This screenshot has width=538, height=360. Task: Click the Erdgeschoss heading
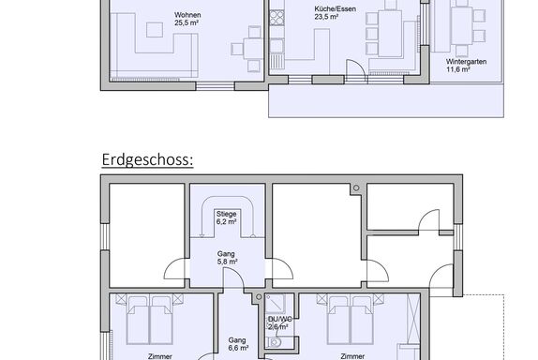tap(147, 160)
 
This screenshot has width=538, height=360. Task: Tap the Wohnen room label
tap(187, 15)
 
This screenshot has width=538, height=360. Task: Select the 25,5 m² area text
tap(187, 23)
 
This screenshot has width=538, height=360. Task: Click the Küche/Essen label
tap(335, 9)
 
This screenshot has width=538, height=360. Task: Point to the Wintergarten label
tap(466, 62)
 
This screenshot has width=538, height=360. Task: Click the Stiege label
tap(226, 214)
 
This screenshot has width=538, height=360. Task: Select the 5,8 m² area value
tap(227, 262)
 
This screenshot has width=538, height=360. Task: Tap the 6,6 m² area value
tap(238, 348)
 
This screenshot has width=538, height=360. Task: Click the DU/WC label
tap(279, 319)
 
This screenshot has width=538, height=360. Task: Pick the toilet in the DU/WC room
tap(275, 342)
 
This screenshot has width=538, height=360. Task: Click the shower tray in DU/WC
tap(275, 304)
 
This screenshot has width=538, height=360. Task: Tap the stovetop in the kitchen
tap(276, 18)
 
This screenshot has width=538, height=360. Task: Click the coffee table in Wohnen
tap(155, 29)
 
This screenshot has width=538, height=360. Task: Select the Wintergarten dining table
tap(462, 25)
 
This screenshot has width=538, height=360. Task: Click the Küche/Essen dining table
tap(390, 34)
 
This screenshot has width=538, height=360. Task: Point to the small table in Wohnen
tap(254, 49)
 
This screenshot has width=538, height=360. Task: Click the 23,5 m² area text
tap(326, 17)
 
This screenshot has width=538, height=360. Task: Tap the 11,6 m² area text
tap(458, 69)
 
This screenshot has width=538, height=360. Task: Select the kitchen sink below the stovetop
tap(276, 46)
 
